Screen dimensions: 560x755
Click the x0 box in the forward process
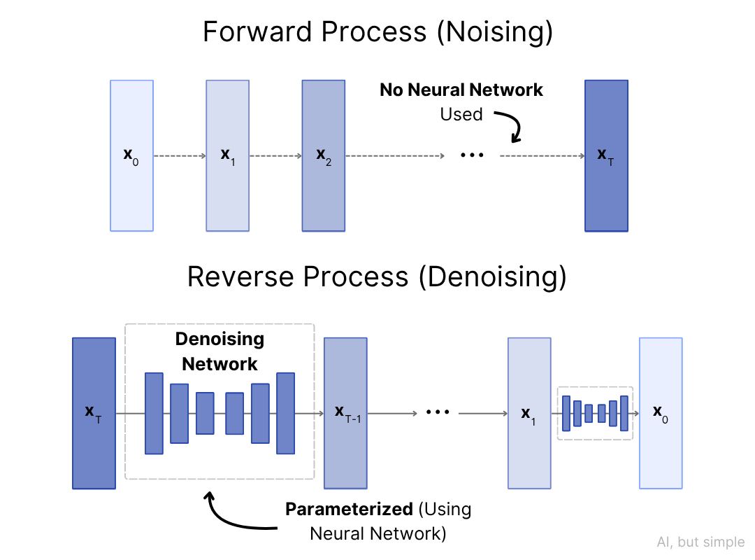tap(131, 155)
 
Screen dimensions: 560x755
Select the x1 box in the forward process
tap(227, 155)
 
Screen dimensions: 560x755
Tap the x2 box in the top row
tap(323, 155)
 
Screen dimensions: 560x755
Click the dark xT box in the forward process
tap(606, 155)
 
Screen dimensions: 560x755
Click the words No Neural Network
tap(461, 90)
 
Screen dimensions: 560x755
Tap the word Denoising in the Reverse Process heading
tap(492, 278)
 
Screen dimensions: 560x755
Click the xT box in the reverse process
tap(94, 413)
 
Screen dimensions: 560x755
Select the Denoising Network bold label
tap(220, 352)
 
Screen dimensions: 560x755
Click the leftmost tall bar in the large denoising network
tap(154, 413)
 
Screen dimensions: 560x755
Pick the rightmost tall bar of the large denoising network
tap(285, 413)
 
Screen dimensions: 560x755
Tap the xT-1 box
tap(345, 413)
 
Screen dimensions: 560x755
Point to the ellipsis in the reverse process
tap(438, 413)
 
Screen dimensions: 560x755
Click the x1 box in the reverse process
tap(529, 413)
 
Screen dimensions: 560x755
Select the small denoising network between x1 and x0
tap(595, 413)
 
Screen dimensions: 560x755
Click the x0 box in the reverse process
tap(661, 413)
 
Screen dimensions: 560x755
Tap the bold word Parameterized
tap(349, 510)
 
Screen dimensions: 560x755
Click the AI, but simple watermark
tap(700, 542)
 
